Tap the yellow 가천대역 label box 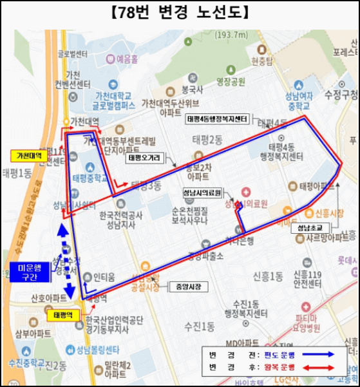tap(28, 156)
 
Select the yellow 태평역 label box tap(64, 315)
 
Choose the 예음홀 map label tap(127, 59)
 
